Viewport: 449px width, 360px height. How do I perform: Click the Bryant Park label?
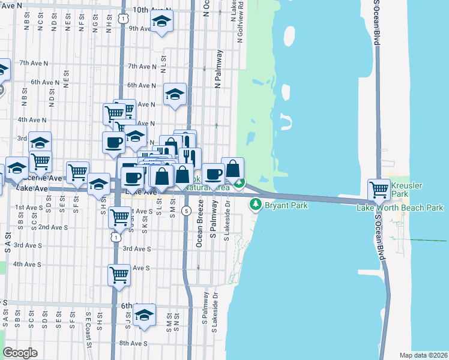pyautogui.click(x=288, y=206)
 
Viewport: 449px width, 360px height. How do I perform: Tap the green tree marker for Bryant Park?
pyautogui.click(x=256, y=205)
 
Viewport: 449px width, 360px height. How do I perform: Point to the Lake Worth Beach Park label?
pyautogui.click(x=400, y=208)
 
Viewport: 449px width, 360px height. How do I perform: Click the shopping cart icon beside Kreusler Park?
pyautogui.click(x=379, y=190)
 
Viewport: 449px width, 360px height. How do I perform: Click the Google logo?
pyautogui.click(x=20, y=352)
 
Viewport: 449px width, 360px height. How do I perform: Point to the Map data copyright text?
pyautogui.click(x=423, y=355)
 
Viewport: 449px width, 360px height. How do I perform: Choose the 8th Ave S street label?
pyautogui.click(x=133, y=343)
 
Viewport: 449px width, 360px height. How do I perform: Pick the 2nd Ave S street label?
pyautogui.click(x=52, y=227)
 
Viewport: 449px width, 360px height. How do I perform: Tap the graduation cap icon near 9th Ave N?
pyautogui.click(x=161, y=22)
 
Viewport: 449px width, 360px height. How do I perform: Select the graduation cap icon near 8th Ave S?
pyautogui.click(x=144, y=315)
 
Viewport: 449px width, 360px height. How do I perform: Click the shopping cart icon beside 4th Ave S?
pyautogui.click(x=119, y=275)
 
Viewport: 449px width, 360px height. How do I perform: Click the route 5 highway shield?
pyautogui.click(x=187, y=211)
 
